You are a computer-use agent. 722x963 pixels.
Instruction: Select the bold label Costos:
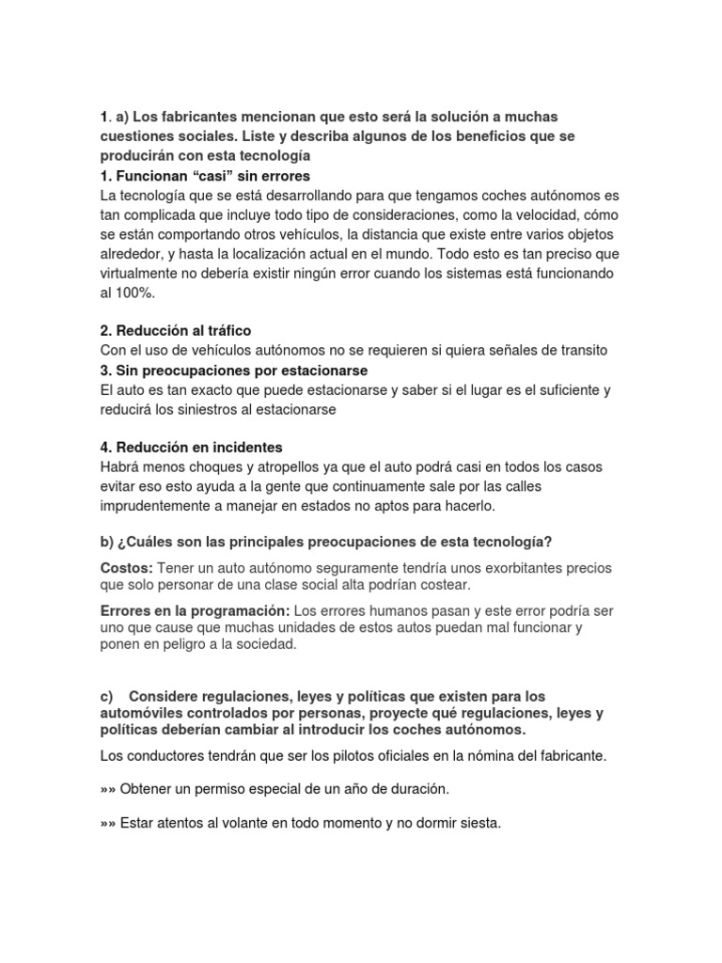[x=127, y=569]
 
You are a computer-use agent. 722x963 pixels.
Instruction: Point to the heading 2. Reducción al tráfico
[x=176, y=331]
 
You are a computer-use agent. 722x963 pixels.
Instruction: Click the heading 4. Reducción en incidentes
[x=191, y=448]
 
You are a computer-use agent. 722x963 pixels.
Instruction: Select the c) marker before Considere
[x=106, y=696]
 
